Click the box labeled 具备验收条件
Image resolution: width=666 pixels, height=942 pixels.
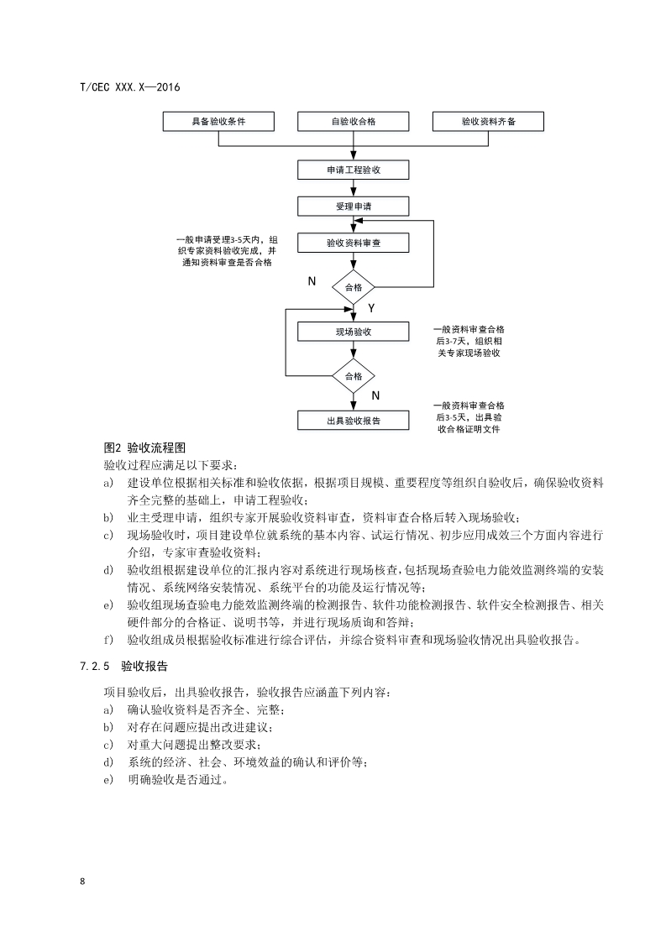pyautogui.click(x=218, y=122)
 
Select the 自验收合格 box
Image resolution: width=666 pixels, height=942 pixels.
pyautogui.click(x=354, y=122)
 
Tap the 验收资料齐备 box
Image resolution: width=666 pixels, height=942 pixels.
pyautogui.click(x=488, y=122)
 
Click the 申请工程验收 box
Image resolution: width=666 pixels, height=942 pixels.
pyautogui.click(x=354, y=170)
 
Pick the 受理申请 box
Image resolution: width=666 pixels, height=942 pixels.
pyautogui.click(x=354, y=207)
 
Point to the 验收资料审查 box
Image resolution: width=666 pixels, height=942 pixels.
pyautogui.click(x=354, y=243)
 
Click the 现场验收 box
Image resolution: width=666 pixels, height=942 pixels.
pyautogui.click(x=354, y=332)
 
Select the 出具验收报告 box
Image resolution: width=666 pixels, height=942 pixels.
pyautogui.click(x=354, y=421)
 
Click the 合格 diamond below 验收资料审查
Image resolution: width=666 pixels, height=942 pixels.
pyautogui.click(x=354, y=288)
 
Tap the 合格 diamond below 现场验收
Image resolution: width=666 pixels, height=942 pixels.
pyautogui.click(x=354, y=376)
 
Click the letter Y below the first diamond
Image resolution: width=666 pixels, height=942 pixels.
pyautogui.click(x=371, y=310)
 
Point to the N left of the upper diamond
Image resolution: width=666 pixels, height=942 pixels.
pyautogui.click(x=312, y=281)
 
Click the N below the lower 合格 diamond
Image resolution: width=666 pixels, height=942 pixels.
pyautogui.click(x=375, y=395)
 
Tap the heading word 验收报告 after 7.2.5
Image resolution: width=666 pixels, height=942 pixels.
pyautogui.click(x=144, y=667)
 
